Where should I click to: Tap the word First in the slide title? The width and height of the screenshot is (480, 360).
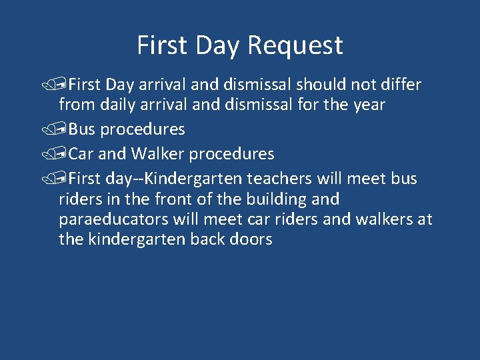(x=161, y=45)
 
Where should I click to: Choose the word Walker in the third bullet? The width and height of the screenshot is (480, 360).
(x=158, y=154)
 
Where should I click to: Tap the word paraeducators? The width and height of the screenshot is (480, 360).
(x=110, y=219)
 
